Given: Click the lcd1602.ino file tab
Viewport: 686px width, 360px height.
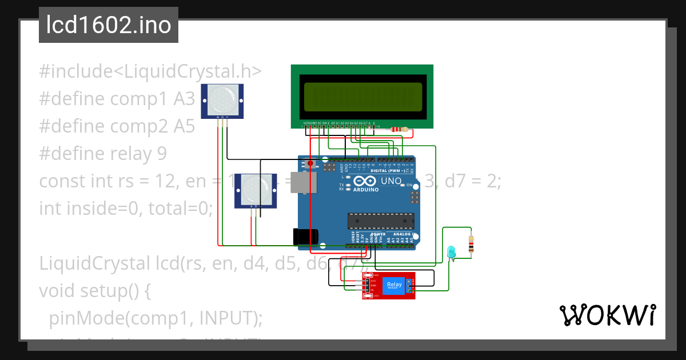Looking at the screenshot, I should click(x=109, y=25).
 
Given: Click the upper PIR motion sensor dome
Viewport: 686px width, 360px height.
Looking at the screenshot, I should click(x=222, y=98).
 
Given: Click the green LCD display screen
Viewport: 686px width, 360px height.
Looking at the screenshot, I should click(x=361, y=97).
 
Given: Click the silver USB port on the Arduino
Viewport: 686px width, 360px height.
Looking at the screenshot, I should click(x=299, y=182).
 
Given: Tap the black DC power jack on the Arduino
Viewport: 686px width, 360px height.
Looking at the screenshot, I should click(x=305, y=237).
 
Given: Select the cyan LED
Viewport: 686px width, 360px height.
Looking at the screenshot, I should click(x=451, y=251).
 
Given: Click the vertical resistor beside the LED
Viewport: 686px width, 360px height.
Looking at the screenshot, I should click(x=471, y=245).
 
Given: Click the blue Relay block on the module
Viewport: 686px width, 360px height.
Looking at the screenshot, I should click(x=394, y=285).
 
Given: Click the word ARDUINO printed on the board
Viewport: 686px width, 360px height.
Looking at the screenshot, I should click(x=366, y=190).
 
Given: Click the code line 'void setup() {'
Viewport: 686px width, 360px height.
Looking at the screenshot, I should click(x=94, y=291).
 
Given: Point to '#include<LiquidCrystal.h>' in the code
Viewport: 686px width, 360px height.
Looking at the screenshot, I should click(x=150, y=71).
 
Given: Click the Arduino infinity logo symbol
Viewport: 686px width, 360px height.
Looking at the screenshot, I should click(x=366, y=181).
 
